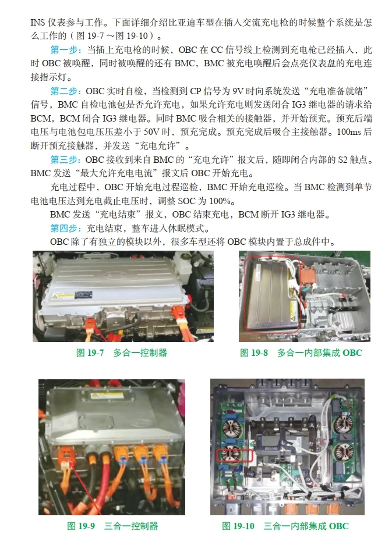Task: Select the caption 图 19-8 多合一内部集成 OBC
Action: (301, 352)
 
